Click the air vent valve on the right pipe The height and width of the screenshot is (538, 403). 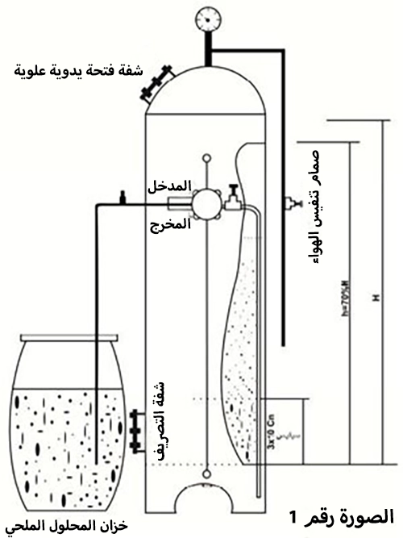point(288,202)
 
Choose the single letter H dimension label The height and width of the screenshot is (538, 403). point(375,299)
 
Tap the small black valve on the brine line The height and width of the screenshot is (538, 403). point(123,196)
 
